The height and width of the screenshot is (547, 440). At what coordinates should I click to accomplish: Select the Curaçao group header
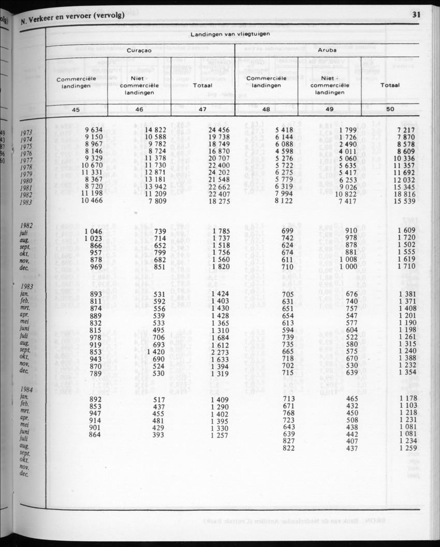click(139, 51)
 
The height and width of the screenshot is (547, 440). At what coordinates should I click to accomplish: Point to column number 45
click(76, 109)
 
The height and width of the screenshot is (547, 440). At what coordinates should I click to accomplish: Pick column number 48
click(266, 109)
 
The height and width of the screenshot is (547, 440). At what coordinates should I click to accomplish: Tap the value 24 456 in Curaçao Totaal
click(219, 129)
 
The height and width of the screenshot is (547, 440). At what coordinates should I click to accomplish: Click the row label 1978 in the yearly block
click(26, 168)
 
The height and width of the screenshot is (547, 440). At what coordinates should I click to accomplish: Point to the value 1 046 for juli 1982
click(94, 230)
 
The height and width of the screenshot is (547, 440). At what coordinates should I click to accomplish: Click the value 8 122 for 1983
click(284, 201)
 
